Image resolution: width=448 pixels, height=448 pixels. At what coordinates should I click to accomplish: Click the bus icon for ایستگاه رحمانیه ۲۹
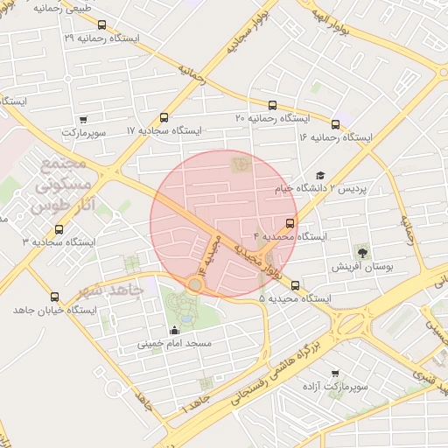pyautogui.click(x=102, y=25)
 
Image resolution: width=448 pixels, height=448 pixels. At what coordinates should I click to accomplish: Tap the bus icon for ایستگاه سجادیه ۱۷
pyautogui.click(x=164, y=118)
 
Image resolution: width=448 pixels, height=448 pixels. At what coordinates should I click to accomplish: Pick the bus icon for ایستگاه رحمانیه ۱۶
pyautogui.click(x=336, y=125)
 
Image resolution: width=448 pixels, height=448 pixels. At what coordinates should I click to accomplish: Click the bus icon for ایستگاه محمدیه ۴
pyautogui.click(x=290, y=223)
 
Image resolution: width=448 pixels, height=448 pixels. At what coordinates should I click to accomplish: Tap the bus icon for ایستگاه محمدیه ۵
pyautogui.click(x=295, y=285)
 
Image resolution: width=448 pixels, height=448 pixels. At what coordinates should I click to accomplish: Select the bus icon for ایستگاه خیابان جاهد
pyautogui.click(x=55, y=297)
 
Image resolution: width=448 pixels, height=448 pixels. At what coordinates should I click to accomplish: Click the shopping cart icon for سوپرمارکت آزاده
pyautogui.click(x=335, y=374)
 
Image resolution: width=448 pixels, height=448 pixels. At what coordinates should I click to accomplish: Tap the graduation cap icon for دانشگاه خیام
pyautogui.click(x=320, y=176)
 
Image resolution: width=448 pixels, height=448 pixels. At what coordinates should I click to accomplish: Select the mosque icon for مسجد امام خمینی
pyautogui.click(x=174, y=331)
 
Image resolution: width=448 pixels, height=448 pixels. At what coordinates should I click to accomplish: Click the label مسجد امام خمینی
pyautogui.click(x=174, y=344)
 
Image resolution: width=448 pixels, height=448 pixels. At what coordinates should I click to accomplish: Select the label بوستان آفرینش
pyautogui.click(x=361, y=266)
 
